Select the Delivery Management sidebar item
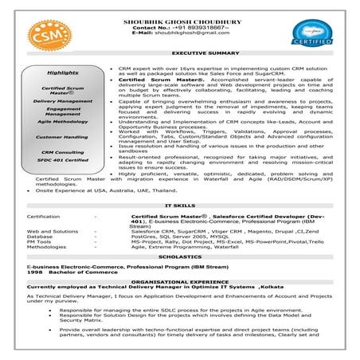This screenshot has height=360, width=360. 63,101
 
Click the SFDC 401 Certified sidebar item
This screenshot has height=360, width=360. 63,159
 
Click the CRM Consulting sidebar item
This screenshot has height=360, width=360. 63,151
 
